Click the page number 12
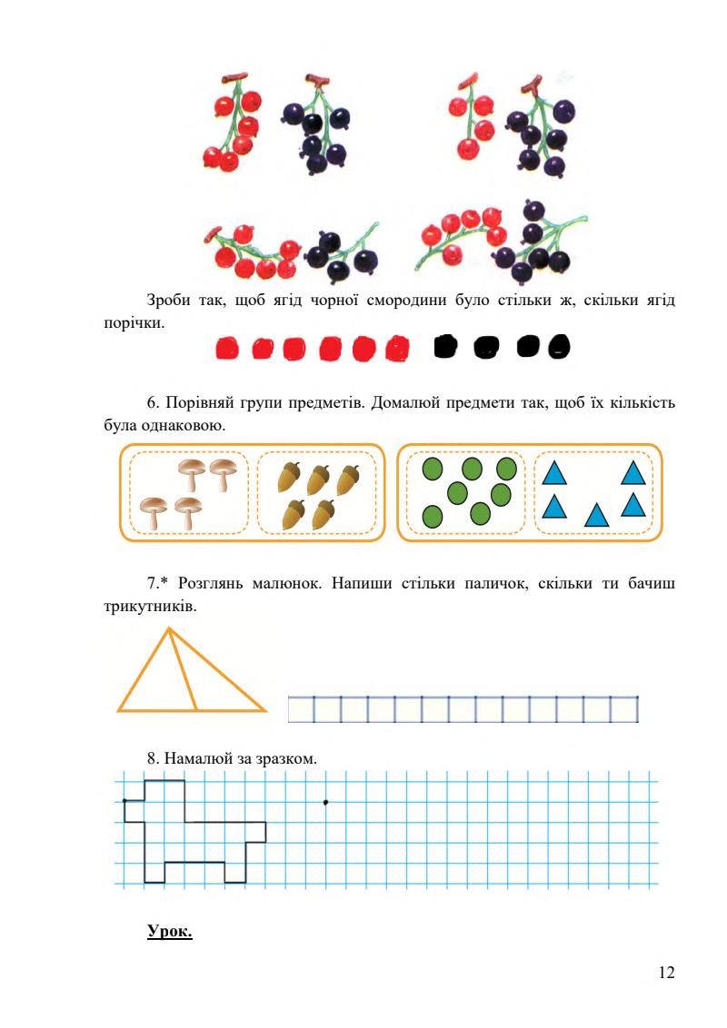(665, 974)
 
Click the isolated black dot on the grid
(325, 801)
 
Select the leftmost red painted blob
(227, 349)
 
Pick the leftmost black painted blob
(445, 347)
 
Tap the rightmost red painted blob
(396, 348)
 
